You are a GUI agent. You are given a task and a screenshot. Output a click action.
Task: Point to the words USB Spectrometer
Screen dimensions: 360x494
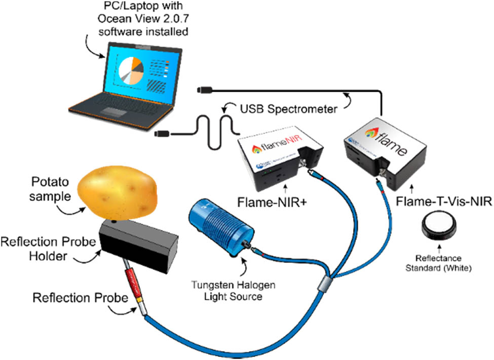click(289, 107)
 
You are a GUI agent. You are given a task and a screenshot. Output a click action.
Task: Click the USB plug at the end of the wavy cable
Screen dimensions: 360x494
click(165, 134)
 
